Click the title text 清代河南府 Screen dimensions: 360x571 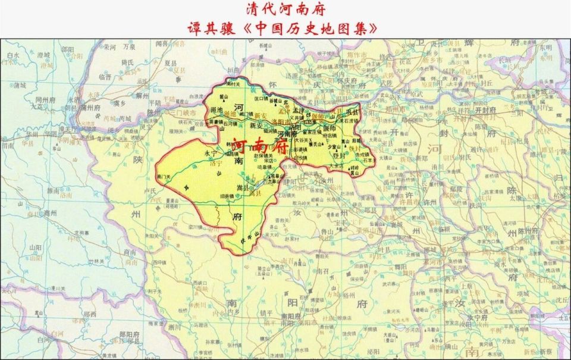click(x=285, y=10)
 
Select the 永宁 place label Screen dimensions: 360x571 click(x=212, y=153)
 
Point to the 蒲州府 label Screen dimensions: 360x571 click(x=92, y=108)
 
